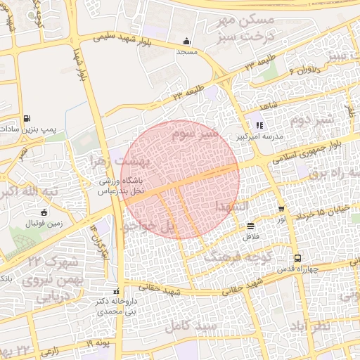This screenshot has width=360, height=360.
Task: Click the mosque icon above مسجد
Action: (186, 41)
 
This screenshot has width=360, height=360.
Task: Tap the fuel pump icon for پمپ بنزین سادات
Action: (27, 118)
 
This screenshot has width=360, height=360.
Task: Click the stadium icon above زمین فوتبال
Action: (44, 213)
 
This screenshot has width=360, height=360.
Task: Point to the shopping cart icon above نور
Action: (281, 210)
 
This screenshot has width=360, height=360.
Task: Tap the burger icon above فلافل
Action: (251, 226)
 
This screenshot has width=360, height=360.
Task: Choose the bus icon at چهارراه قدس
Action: (297, 258)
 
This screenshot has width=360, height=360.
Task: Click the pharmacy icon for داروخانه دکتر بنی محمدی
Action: (117, 292)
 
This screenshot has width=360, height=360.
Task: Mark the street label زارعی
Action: (55, 349)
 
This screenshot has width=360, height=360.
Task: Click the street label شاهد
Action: (269, 105)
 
